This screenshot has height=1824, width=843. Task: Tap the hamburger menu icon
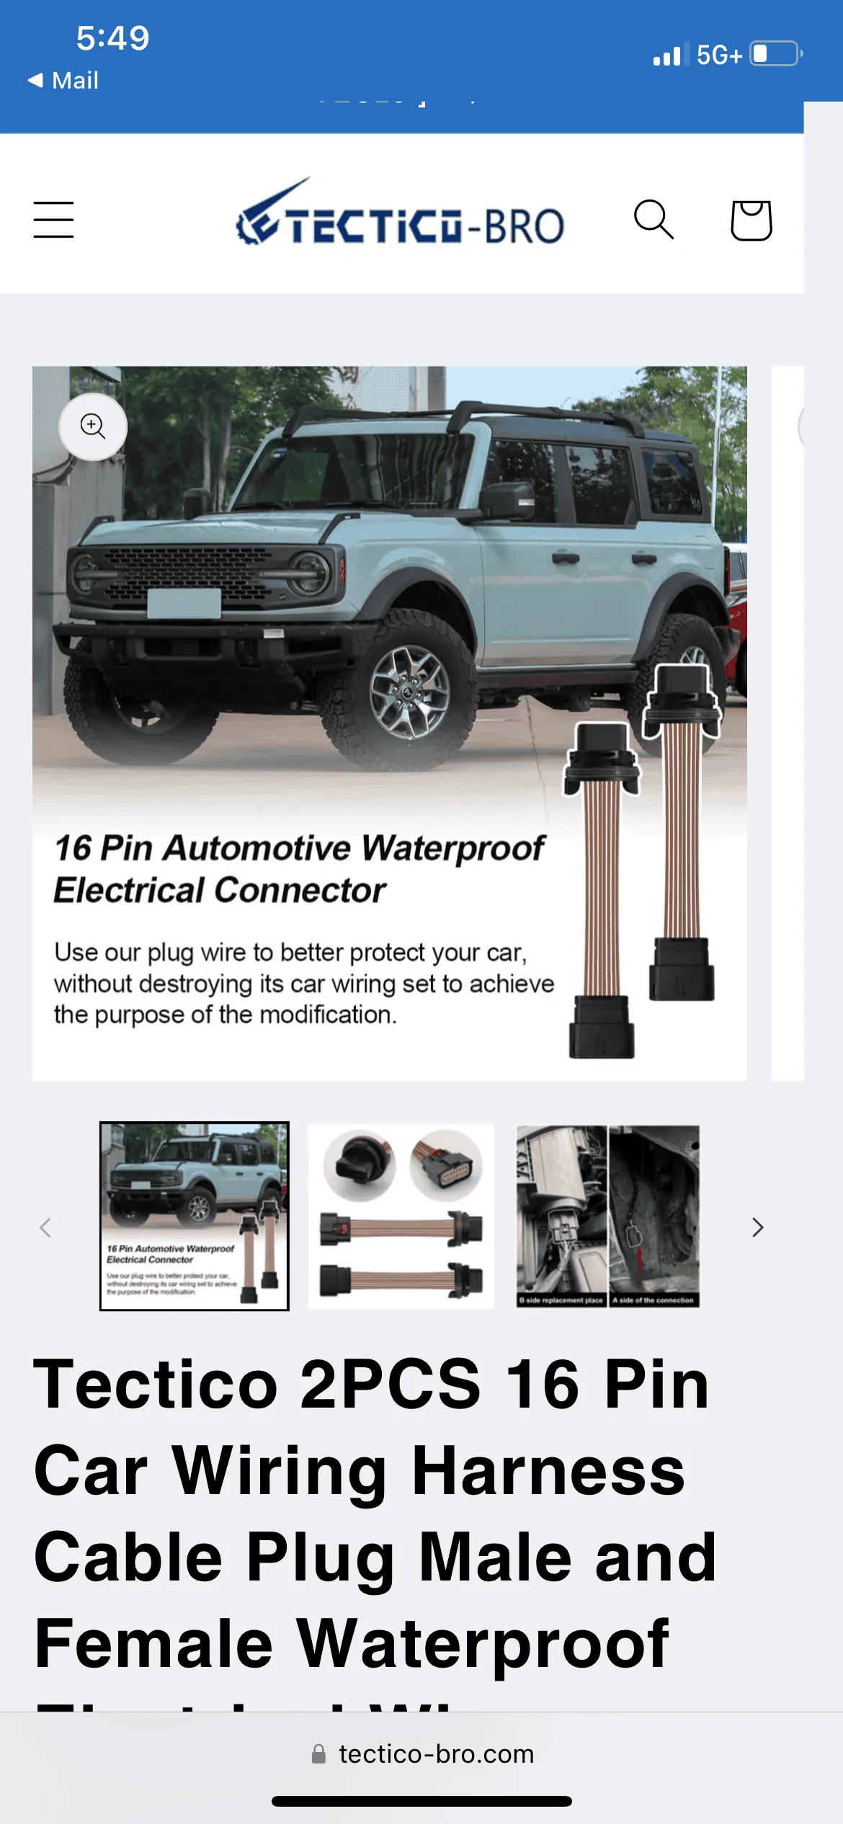click(x=53, y=220)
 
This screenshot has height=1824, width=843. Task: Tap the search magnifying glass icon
click(x=654, y=219)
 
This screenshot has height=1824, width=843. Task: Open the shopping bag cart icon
click(x=751, y=220)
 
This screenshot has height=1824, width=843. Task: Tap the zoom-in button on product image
click(x=93, y=426)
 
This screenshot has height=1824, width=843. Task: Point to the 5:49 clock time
click(x=113, y=38)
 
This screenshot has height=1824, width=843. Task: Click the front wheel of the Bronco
click(x=409, y=692)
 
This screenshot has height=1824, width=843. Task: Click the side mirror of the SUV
click(x=508, y=501)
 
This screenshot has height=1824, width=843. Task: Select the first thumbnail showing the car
click(x=195, y=1216)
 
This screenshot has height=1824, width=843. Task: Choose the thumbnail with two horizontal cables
click(x=401, y=1216)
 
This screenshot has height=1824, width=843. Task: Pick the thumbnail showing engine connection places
click(x=608, y=1216)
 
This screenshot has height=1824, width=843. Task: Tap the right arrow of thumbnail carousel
click(x=757, y=1228)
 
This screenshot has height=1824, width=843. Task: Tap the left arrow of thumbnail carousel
click(x=45, y=1228)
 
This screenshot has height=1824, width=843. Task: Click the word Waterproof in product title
click(x=483, y=1643)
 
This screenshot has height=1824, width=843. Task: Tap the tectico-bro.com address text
click(x=437, y=1754)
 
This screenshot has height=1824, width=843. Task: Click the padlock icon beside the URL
click(x=318, y=1754)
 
